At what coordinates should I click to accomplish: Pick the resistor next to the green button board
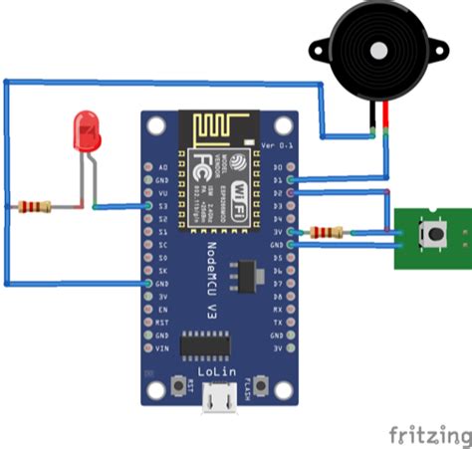[x=327, y=233]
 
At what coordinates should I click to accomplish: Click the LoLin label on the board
[x=217, y=369]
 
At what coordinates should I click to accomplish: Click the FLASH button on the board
[x=261, y=386]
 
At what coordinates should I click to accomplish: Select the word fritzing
[x=429, y=436]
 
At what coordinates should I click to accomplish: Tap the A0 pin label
[x=162, y=168]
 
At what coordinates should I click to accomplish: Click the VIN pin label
[x=162, y=349]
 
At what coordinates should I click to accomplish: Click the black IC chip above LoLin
[x=207, y=344]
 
